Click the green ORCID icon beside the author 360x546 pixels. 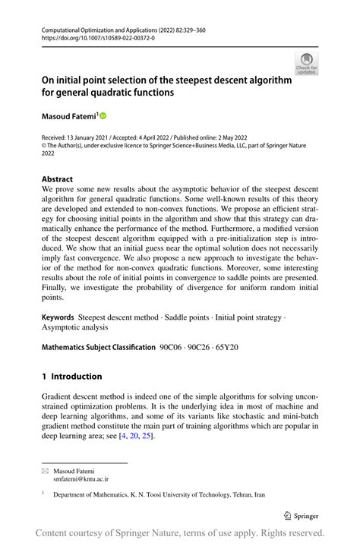coord(103,116)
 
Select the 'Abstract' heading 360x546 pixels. coord(57,179)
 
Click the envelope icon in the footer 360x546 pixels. coord(45,471)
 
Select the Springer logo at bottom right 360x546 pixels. coord(302,516)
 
